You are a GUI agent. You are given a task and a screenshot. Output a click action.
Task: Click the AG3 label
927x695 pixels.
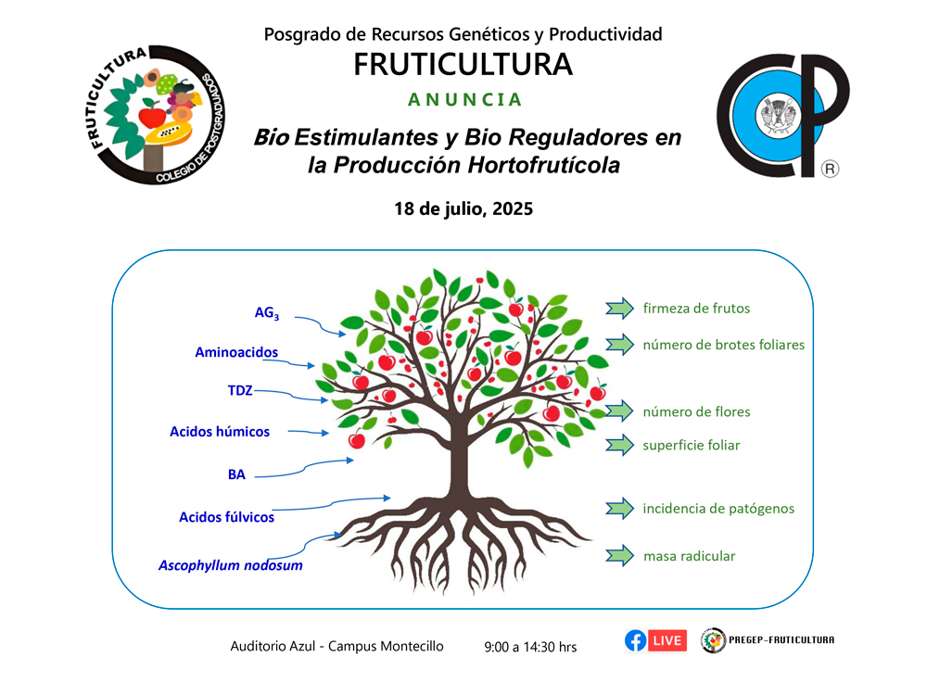coord(267,312)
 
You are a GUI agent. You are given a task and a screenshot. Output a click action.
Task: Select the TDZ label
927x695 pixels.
coord(240,391)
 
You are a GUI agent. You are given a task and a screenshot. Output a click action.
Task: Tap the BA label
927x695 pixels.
coord(236,474)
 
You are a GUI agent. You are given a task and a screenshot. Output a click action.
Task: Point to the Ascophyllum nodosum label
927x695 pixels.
coord(231,565)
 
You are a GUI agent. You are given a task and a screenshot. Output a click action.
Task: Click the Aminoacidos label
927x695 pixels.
coord(236,352)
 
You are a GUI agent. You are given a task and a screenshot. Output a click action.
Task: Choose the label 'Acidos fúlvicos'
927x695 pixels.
coord(226,517)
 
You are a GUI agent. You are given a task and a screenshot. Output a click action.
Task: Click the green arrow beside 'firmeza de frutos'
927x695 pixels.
coord(619,308)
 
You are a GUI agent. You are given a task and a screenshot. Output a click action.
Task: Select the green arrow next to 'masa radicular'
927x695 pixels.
coord(619,555)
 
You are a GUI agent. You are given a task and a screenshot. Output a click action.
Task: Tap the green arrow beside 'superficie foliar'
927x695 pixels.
coord(619,445)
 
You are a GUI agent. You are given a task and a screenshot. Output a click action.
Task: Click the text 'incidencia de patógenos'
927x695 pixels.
coord(718,509)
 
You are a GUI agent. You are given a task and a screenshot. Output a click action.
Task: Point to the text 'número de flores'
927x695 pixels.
coord(696,412)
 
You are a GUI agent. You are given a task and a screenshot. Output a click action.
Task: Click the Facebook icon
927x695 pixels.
coord(636,640)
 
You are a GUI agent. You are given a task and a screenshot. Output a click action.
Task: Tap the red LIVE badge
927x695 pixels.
coord(667,640)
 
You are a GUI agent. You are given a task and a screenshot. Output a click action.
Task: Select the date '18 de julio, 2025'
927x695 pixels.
coord(463,208)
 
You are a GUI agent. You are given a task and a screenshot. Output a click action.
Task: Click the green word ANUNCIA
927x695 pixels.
coord(464,99)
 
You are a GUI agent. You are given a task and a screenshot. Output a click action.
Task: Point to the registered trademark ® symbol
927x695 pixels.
coord(830,169)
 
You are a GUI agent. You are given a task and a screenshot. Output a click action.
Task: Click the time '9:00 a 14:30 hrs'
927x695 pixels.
coord(530,647)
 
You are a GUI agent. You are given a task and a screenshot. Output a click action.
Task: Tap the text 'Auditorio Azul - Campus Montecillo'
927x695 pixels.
coord(337,646)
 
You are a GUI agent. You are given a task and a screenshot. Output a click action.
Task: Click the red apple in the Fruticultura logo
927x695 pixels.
coord(153,115)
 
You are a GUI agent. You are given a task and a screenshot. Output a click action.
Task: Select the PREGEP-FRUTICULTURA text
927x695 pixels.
coord(781,639)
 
